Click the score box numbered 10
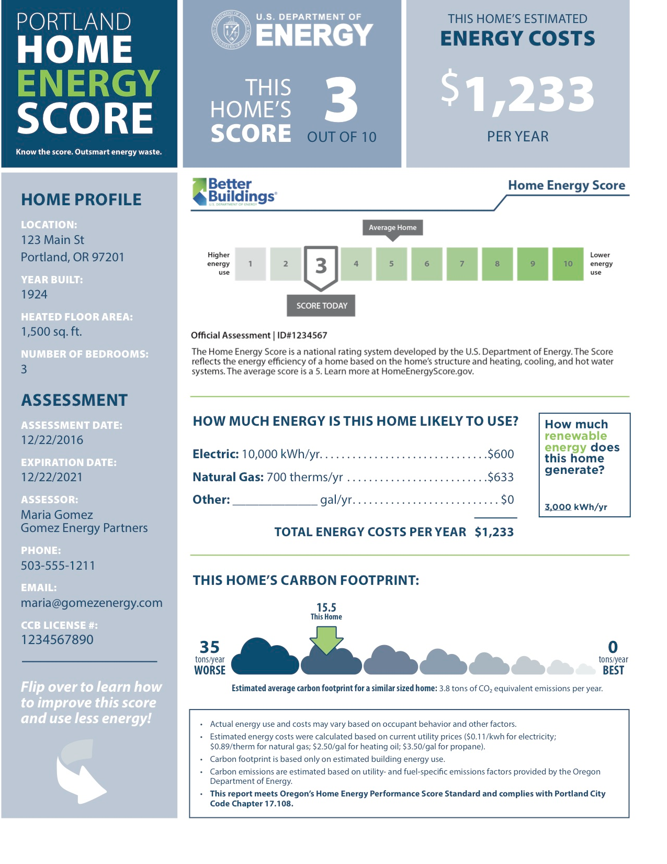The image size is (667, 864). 568,264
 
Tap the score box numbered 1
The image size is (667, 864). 250,264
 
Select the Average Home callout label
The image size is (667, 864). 392,228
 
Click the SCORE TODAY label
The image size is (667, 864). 321,306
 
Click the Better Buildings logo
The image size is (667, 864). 235,192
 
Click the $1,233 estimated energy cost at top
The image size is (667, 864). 517,94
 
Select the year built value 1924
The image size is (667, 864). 34,294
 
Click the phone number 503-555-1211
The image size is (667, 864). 58,566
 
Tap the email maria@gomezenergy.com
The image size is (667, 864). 92,603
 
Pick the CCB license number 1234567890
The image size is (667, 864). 57,639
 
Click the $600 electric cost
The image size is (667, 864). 501,454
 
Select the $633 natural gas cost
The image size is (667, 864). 501,477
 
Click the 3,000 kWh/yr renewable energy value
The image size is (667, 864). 575,507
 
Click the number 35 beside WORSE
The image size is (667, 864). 210,647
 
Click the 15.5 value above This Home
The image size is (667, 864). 326,607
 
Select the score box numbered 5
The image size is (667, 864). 391,264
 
